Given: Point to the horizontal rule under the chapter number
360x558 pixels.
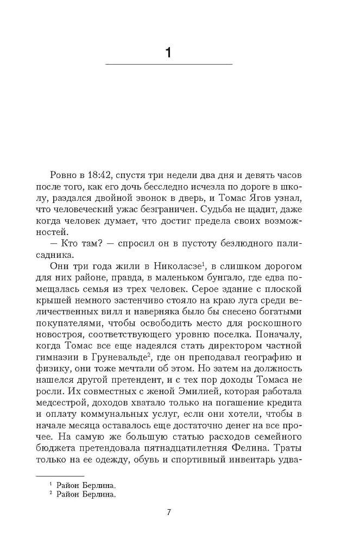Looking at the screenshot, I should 168,65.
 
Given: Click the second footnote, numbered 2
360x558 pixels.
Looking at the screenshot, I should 85,494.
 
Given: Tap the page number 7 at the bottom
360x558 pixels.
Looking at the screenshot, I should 169,512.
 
